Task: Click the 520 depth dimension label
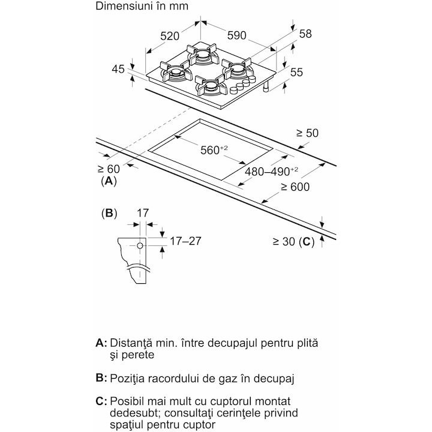(170, 36)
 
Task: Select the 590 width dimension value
(236, 35)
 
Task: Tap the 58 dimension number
(305, 34)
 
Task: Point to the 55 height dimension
(296, 72)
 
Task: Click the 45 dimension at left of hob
(118, 69)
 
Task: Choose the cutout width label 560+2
(214, 150)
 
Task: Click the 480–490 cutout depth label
(271, 172)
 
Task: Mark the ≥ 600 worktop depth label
(295, 187)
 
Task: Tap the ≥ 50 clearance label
(307, 133)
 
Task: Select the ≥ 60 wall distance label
(109, 169)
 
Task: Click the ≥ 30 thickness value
(284, 241)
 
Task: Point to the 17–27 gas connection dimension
(185, 241)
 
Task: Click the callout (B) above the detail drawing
(109, 213)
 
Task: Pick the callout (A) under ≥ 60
(109, 181)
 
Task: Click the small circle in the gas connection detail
(140, 245)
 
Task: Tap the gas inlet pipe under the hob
(266, 87)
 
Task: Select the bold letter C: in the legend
(101, 401)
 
